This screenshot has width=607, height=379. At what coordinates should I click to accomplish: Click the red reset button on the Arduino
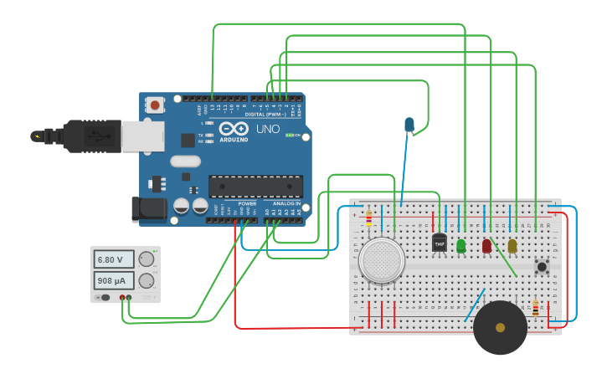155,105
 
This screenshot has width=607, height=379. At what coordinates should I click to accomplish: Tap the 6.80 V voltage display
114,259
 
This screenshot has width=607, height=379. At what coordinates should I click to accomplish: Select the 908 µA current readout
114,280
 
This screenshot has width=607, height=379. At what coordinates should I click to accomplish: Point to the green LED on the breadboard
461,245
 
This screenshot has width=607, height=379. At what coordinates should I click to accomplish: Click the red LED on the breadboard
486,245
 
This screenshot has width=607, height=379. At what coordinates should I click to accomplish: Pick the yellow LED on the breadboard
512,245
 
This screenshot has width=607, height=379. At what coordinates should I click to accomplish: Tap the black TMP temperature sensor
440,243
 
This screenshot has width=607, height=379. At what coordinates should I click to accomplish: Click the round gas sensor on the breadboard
382,260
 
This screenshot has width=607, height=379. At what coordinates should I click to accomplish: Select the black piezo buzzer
500,328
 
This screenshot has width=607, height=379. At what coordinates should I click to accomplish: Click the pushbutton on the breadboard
542,267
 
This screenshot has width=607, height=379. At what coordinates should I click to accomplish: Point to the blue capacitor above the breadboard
409,125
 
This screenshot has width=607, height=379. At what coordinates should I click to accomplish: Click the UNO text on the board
267,129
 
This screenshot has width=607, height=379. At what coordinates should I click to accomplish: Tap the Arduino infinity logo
234,129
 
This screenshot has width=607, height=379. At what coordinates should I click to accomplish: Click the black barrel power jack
148,209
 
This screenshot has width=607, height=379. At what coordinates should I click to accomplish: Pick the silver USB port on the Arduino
142,136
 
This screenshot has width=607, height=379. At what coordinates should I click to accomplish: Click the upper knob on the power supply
147,259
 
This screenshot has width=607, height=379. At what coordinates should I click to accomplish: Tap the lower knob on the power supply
147,280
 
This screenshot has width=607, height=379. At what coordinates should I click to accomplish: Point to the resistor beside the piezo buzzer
536,309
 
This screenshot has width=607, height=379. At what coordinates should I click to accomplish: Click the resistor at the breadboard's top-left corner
368,219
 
